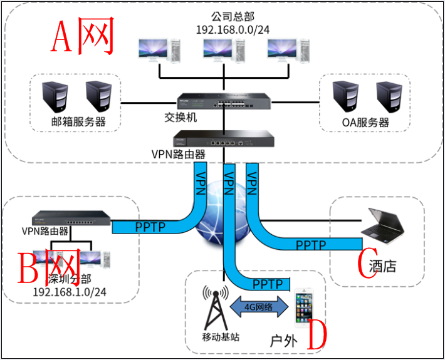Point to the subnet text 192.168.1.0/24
click(x=70, y=291)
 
